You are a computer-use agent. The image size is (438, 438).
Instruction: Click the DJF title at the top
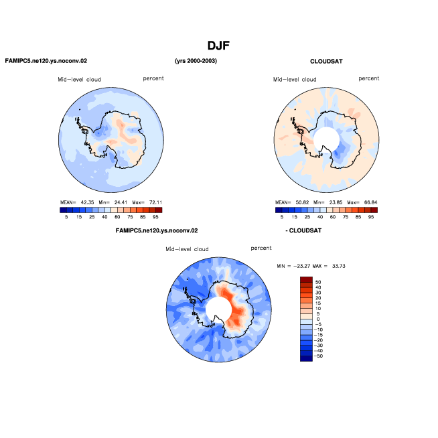[218, 46]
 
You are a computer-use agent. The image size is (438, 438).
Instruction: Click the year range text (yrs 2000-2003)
[196, 61]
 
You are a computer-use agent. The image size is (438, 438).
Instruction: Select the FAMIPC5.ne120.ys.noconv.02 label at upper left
[46, 61]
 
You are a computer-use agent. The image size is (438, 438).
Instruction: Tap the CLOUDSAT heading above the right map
[326, 62]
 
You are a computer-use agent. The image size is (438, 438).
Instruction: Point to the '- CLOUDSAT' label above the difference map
[303, 231]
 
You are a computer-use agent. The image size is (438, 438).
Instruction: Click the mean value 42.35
[88, 202]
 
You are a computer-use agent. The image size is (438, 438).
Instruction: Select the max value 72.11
[155, 202]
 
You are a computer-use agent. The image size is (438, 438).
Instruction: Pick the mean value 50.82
[302, 202]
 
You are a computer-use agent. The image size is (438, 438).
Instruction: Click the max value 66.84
[370, 202]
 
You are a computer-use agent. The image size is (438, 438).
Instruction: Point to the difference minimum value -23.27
[301, 266]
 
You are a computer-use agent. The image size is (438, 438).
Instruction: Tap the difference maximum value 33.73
[339, 266]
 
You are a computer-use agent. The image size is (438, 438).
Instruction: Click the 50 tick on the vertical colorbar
[318, 282]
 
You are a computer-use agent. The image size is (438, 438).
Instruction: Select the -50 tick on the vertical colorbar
[318, 356]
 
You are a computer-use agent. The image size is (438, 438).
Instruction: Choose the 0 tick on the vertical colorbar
[318, 319]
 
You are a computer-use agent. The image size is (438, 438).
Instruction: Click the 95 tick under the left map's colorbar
[155, 217]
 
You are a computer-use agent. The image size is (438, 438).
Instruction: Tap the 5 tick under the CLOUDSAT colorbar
[282, 217]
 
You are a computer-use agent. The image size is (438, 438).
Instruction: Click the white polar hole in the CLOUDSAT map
[326, 140]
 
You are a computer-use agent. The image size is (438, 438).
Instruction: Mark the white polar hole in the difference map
[218, 309]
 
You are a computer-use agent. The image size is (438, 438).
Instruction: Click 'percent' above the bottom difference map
[261, 248]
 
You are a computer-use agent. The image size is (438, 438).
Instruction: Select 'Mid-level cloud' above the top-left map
[79, 80]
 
